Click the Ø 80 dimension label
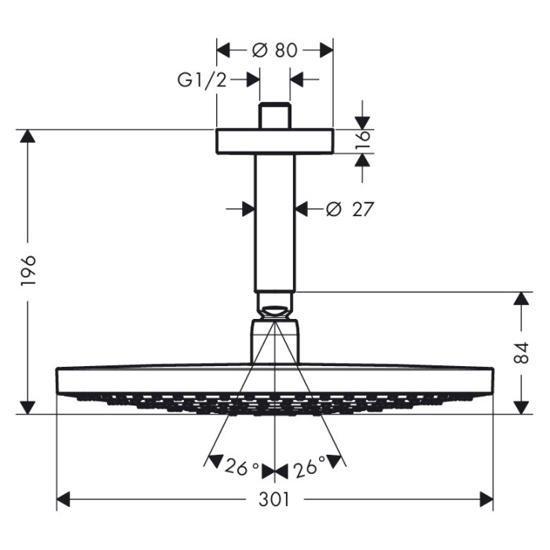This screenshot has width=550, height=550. pyautogui.click(x=275, y=50)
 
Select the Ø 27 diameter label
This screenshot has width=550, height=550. pyautogui.click(x=349, y=209)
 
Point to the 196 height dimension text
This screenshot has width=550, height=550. pyautogui.click(x=28, y=271)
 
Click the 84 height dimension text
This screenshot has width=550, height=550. pyautogui.click(x=521, y=352)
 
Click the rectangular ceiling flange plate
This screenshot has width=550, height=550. pyautogui.click(x=275, y=141)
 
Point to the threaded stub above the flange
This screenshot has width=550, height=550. pyautogui.click(x=275, y=116)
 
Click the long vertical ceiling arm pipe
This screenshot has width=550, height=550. pyautogui.click(x=275, y=224)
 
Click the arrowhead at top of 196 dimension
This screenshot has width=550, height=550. pyautogui.click(x=28, y=138)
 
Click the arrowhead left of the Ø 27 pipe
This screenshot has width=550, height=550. pyautogui.click(x=247, y=209)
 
